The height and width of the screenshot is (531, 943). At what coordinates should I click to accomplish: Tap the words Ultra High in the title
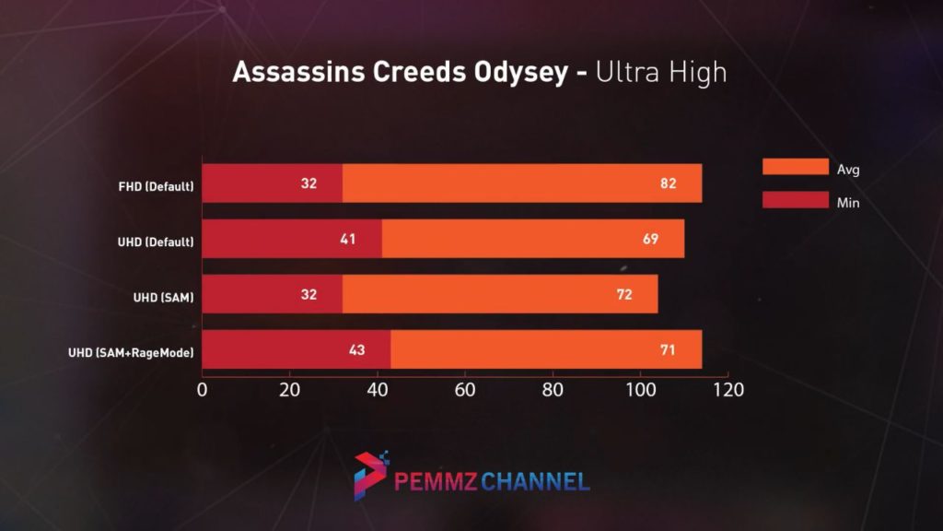[661, 73]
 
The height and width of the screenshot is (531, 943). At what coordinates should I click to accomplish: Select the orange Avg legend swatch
[796, 167]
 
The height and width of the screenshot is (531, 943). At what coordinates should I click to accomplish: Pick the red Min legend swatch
[796, 200]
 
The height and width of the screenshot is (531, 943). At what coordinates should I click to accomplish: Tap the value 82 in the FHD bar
[669, 183]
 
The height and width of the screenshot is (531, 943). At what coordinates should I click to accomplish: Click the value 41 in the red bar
[347, 240]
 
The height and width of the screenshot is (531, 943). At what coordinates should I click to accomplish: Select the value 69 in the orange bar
[650, 240]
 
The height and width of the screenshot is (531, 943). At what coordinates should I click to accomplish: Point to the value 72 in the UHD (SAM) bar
[623, 295]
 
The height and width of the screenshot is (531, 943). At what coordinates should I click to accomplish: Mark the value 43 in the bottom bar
[356, 350]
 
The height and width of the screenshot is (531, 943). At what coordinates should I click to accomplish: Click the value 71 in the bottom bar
[669, 350]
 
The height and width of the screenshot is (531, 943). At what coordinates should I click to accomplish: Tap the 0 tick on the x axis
[203, 389]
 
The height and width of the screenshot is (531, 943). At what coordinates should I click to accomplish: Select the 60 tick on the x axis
[465, 389]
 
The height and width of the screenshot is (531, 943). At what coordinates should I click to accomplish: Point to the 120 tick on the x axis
[727, 389]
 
